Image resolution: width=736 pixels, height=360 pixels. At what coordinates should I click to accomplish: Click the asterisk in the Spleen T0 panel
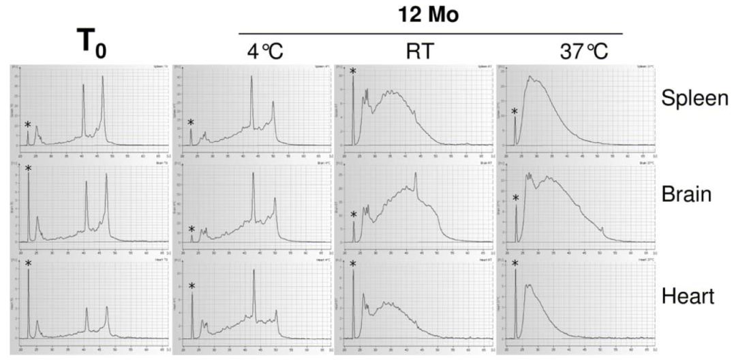[28, 125]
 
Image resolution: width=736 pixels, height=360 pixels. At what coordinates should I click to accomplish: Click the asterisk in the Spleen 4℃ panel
[191, 123]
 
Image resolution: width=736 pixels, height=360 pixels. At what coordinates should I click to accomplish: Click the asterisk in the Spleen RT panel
[353, 72]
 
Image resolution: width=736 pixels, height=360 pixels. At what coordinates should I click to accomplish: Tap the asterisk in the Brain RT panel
[353, 216]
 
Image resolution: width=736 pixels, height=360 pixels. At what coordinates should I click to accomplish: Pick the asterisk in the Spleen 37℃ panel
[515, 112]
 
